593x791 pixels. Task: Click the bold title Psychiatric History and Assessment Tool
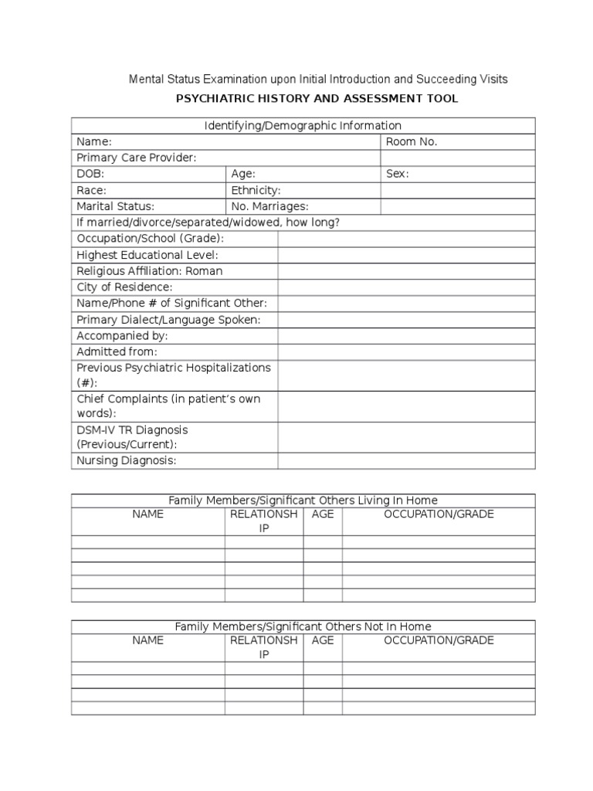click(x=317, y=99)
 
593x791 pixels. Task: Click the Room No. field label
click(x=412, y=142)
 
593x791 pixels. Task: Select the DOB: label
click(x=90, y=175)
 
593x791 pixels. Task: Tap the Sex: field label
click(x=397, y=175)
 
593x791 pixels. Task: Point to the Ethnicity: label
click(x=256, y=190)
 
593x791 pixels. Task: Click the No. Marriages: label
click(x=269, y=206)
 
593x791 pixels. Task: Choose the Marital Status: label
click(x=115, y=206)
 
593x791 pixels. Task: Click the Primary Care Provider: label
click(x=137, y=158)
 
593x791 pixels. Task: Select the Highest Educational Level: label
click(x=147, y=255)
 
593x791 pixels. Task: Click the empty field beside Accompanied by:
click(x=406, y=336)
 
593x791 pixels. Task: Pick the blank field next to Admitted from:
click(x=406, y=352)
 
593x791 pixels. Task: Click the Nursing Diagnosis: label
click(x=127, y=460)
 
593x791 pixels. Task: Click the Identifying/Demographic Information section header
click(x=303, y=125)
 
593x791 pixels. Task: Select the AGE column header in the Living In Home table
click(x=323, y=514)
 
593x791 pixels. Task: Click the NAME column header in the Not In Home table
click(x=147, y=640)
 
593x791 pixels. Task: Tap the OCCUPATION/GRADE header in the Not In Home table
click(x=439, y=640)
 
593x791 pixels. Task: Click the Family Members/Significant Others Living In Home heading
click(x=303, y=501)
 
